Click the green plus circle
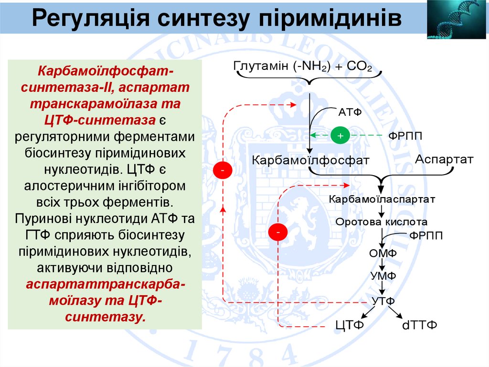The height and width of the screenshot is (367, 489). [340, 135]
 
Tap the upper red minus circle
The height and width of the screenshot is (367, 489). [223, 170]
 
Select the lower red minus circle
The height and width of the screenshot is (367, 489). [278, 232]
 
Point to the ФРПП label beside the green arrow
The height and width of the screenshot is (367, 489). [405, 136]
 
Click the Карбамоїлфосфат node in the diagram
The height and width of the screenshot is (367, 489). [310, 160]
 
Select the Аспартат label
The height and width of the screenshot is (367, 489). [444, 159]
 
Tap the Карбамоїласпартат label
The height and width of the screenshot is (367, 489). [382, 198]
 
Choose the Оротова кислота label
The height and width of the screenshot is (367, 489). [381, 222]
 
